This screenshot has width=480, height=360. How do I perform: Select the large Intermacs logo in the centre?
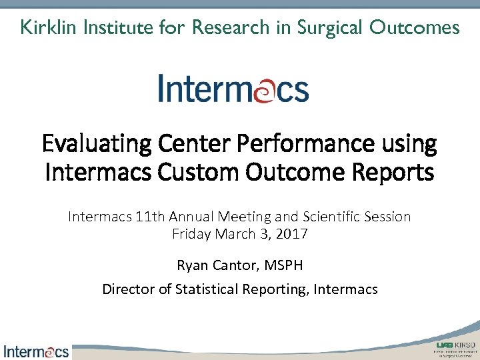(233, 89)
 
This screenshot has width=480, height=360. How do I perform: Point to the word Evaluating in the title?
(88, 143)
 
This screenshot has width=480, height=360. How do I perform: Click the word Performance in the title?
(280, 143)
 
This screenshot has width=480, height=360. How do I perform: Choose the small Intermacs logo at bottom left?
(36, 351)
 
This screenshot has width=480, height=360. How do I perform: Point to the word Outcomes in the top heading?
(417, 27)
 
